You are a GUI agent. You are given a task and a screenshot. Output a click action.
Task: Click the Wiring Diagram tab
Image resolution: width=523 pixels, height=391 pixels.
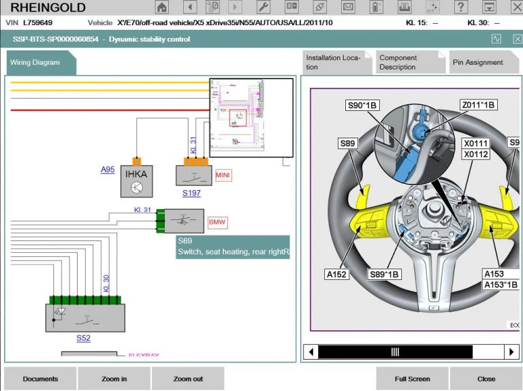click(35, 63)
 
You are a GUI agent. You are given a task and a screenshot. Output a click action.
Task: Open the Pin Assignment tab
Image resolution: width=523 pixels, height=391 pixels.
click(477, 63)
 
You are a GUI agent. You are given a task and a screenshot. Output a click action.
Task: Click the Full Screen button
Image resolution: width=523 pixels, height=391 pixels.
click(412, 379)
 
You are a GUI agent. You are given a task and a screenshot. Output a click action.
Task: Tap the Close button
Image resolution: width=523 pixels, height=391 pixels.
click(486, 379)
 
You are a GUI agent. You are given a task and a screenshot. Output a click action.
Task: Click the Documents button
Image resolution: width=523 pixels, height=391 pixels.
click(40, 379)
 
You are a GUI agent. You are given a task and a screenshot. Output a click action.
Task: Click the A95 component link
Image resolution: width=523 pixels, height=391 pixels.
click(108, 170)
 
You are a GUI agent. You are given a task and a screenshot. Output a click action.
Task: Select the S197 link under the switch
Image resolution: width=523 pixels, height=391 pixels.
click(191, 193)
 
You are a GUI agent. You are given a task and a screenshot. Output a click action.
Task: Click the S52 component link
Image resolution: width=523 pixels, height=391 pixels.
click(83, 338)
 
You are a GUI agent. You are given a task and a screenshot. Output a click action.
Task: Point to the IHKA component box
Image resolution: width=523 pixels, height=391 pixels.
click(136, 181)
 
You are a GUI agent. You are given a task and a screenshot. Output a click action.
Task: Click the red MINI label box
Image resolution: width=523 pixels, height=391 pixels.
click(223, 175)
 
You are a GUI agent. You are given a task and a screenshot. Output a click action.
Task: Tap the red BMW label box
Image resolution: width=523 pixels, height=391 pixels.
click(217, 223)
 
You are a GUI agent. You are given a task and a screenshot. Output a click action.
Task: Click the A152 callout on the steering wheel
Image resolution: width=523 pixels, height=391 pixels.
click(336, 275)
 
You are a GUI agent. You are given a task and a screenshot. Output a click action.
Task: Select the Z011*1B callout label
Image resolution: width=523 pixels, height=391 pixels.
click(478, 104)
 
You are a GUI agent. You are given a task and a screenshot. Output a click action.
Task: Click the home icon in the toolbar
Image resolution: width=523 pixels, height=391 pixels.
click(161, 7)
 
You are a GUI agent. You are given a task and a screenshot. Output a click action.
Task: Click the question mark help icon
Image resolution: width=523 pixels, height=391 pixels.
click(462, 7)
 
